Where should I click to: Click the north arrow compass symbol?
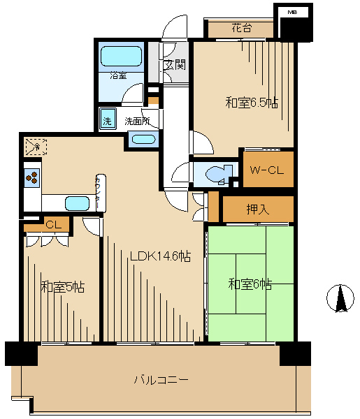coord(340,298)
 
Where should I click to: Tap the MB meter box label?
coord(293,12)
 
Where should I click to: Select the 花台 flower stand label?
coord(242,27)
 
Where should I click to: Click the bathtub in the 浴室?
coord(121,56)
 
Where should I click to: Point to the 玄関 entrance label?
coord(175,64)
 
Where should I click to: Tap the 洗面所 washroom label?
coord(137,121)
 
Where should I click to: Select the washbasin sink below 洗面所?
coord(143,140)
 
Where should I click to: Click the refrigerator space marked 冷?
coord(36,147)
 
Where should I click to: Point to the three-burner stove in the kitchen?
coord(32,177)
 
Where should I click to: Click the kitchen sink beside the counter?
coord(77,203)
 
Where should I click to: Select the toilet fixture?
coord(219,174)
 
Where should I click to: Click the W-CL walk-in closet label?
coord(266,170)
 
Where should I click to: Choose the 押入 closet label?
coord(257,209)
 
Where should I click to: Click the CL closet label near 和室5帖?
coord(54,225)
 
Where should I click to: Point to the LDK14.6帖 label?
coord(161,256)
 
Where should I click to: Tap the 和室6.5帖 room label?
coord(252,103)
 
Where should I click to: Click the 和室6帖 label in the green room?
coord(250,284)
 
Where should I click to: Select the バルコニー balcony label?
coord(161,379)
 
